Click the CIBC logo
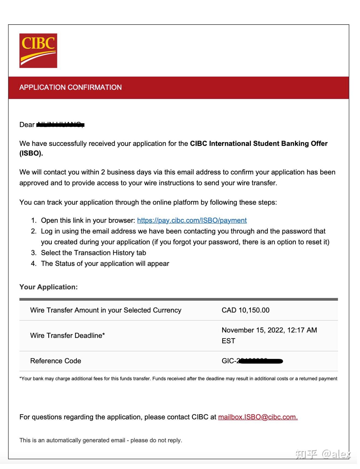pyautogui.click(x=38, y=50)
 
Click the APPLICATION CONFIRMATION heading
pyautogui.click(x=70, y=87)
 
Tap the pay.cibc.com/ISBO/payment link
pyautogui.click(x=192, y=220)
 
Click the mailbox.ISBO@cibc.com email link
pyautogui.click(x=258, y=417)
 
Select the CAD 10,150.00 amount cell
pyautogui.click(x=245, y=310)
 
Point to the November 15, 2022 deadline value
pyautogui.click(x=269, y=330)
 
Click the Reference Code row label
pyautogui.click(x=56, y=361)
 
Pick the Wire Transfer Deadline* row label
pyautogui.click(x=67, y=335)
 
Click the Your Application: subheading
pyautogui.click(x=49, y=287)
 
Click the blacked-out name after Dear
pyautogui.click(x=60, y=125)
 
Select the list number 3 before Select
pyautogui.click(x=34, y=253)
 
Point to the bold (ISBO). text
pyautogui.click(x=31, y=153)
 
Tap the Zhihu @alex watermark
pyautogui.click(x=323, y=454)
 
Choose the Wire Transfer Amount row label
pyautogui.click(x=106, y=310)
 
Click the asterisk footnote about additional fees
pyautogui.click(x=178, y=378)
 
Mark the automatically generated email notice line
pyautogui.click(x=101, y=440)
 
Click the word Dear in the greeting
pyautogui.click(x=27, y=125)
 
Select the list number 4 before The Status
pyautogui.click(x=34, y=264)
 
